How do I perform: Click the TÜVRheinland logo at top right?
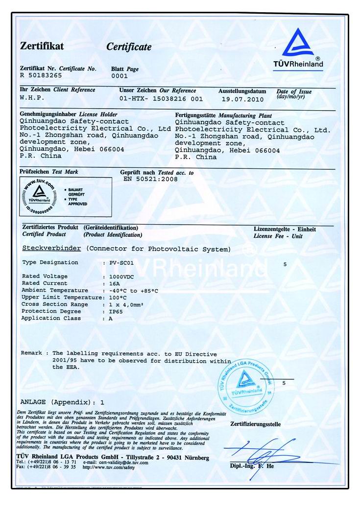pos(298,48)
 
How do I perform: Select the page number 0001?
pos(120,76)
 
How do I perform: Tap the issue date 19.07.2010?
pos(242,99)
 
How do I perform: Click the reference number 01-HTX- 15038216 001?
pos(161,98)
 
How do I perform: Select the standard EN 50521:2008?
pos(151,179)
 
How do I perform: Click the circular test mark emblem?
pos(39,196)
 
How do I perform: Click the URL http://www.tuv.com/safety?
pos(108,467)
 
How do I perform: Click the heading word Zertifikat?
pos(42,46)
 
